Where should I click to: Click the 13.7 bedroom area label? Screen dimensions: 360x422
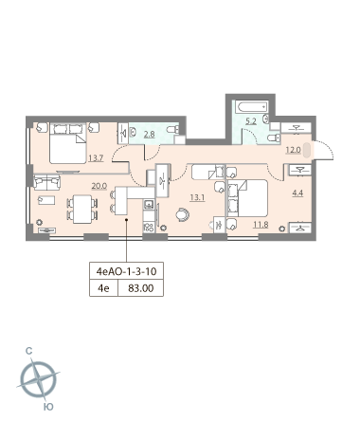96,158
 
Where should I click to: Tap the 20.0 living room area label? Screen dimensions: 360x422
99,186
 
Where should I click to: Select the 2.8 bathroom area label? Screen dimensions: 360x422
150,135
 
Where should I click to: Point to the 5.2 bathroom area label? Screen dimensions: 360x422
251,121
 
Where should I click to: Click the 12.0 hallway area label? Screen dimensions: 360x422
293,150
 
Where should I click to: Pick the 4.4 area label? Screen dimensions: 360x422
297,193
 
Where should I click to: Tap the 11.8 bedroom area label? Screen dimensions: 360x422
261,225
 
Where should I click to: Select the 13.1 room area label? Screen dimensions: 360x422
197,198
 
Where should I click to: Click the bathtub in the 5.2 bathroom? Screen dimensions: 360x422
253,107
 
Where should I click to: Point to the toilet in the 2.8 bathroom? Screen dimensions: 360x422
173,129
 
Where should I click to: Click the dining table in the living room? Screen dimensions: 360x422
82,210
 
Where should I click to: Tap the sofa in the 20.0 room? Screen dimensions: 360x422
47,182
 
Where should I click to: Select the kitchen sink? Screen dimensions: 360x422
149,205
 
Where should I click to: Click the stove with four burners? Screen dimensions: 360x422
149,228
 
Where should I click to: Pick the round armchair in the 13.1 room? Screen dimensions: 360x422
183,214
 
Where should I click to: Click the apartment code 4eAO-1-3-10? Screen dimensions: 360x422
127,271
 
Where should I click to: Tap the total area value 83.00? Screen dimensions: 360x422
141,288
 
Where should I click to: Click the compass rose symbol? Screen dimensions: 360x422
38,379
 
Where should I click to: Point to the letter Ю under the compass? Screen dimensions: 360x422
48,407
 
